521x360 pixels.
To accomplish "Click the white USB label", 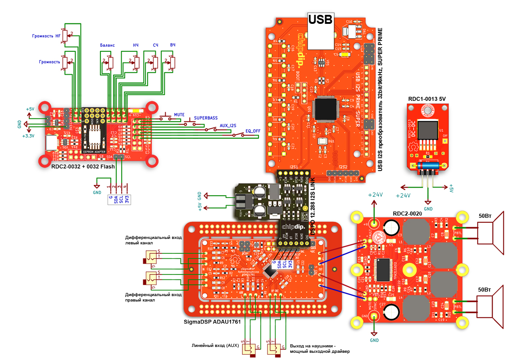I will pos(320,19).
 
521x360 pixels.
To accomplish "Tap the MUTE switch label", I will pos(179,115).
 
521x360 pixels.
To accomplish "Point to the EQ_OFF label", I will pos(253,131).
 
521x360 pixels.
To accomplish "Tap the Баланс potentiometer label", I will pos(107,45).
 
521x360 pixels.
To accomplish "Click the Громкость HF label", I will pos(46,36).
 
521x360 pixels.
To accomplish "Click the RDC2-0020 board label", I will pos(407,214).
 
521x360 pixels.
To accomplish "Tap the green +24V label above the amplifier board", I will pos(375,195).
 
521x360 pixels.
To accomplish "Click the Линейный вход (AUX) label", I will pos(214,345).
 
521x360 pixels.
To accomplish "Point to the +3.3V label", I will pos(28,135).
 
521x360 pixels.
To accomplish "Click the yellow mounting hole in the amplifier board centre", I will pos(409,270).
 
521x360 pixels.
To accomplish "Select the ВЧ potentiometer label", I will pos(172,45).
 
